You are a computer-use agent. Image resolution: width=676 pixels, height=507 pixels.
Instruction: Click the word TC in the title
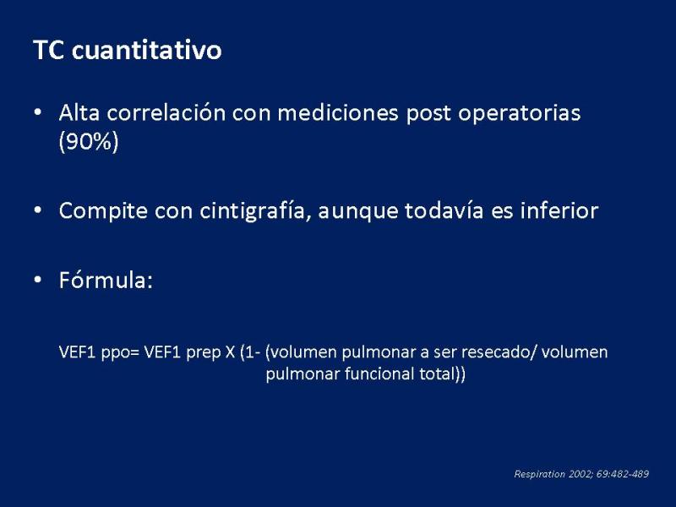[x=49, y=50]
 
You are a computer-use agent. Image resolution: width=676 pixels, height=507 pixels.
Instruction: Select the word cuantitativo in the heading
[x=146, y=50]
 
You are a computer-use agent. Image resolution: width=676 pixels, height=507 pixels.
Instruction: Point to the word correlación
[x=166, y=113]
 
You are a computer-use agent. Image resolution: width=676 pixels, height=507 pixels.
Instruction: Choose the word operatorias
[x=519, y=115]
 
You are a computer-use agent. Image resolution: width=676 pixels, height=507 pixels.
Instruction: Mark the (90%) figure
[x=89, y=141]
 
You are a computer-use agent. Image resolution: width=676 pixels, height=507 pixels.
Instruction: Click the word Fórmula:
[x=106, y=281]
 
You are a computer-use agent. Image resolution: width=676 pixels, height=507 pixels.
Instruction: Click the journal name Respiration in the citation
[x=539, y=474]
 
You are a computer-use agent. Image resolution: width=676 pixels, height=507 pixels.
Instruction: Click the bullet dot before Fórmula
[x=38, y=281]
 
